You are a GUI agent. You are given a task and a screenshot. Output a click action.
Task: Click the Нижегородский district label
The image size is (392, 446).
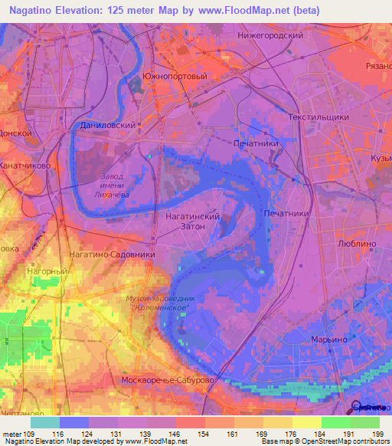(271, 35)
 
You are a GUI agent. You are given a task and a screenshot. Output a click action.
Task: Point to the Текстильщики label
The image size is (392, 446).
(318, 117)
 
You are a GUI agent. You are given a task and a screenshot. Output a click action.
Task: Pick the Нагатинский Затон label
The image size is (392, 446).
(193, 222)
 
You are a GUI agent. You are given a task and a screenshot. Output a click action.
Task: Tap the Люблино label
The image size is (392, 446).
(357, 242)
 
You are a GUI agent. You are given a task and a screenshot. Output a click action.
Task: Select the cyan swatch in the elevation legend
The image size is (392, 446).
(45, 422)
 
